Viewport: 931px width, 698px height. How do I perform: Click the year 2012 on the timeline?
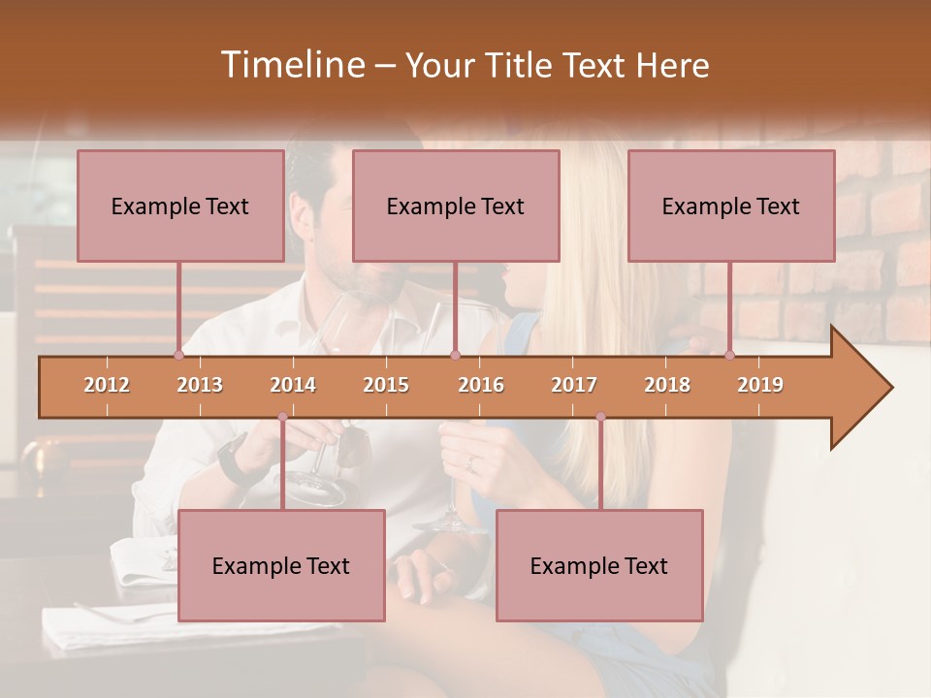click(107, 385)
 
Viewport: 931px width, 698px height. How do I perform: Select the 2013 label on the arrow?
click(200, 385)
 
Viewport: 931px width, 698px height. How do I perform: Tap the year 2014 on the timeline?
click(293, 385)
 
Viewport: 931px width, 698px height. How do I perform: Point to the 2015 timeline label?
click(386, 385)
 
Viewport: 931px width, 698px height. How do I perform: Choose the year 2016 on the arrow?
click(481, 385)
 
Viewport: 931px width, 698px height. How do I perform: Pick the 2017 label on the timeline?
click(574, 385)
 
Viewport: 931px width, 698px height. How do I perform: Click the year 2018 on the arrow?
click(667, 385)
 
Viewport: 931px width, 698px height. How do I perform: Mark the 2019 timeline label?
click(760, 385)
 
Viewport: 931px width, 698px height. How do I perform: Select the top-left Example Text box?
click(180, 206)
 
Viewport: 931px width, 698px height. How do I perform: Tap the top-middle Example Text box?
click(456, 206)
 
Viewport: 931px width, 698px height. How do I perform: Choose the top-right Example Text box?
click(731, 206)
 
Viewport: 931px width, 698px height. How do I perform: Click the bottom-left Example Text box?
click(281, 565)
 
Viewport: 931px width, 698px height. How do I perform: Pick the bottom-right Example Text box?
click(599, 565)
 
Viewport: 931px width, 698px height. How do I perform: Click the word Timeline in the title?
click(290, 65)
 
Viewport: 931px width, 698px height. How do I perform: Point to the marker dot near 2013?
click(178, 356)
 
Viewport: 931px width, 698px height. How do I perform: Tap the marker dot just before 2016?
click(455, 356)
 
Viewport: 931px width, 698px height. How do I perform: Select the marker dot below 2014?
click(282, 417)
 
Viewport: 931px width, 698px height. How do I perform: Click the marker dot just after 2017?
click(600, 417)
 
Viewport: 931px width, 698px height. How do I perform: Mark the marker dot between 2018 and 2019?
click(729, 356)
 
